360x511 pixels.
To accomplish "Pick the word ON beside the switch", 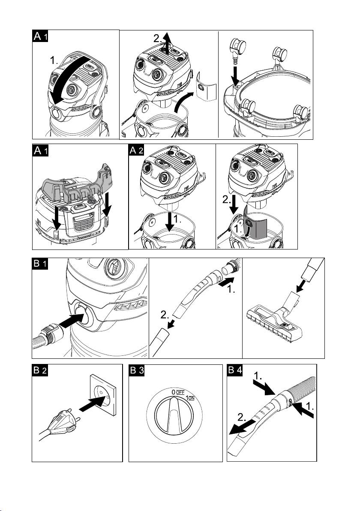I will point(192,399).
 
